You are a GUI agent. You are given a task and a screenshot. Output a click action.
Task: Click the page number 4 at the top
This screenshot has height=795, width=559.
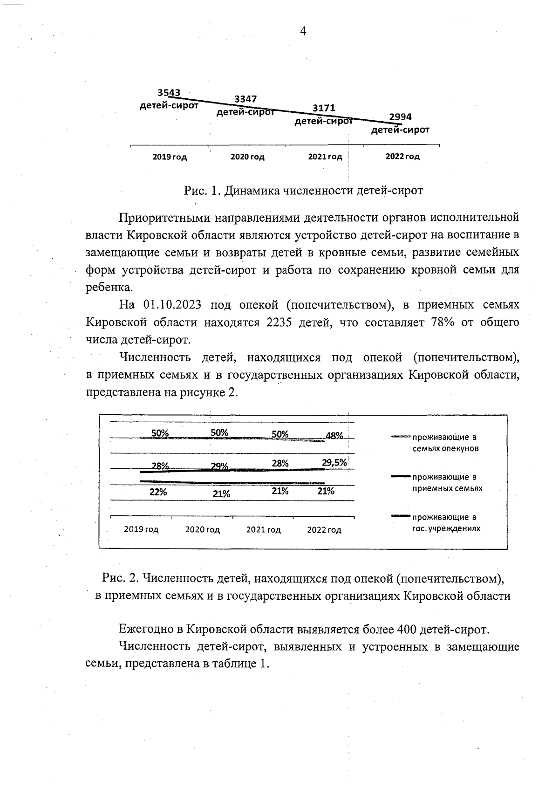click(x=303, y=32)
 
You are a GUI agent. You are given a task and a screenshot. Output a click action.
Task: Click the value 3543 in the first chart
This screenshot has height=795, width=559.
click(x=169, y=93)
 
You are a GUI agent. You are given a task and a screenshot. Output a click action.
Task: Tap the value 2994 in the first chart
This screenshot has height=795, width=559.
click(x=401, y=117)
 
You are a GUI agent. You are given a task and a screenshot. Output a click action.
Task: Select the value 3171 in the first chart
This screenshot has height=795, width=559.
click(x=324, y=109)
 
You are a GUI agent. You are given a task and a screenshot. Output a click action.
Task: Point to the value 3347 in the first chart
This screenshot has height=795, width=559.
click(x=245, y=99)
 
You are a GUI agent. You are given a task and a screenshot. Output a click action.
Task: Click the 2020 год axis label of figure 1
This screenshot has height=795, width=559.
click(x=247, y=157)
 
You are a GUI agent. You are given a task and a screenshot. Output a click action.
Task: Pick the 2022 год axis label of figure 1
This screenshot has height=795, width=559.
click(x=402, y=157)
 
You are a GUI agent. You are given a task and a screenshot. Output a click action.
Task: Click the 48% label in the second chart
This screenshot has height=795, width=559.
click(x=334, y=436)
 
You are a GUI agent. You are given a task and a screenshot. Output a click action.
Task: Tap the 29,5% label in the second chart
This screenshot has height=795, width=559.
click(x=334, y=463)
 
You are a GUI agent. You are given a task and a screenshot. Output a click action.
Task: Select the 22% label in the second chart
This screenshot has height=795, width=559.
click(x=158, y=492)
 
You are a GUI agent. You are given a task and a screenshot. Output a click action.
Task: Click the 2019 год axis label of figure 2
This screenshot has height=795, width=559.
click(x=141, y=530)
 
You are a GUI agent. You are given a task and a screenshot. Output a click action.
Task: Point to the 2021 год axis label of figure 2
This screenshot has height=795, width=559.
click(x=264, y=530)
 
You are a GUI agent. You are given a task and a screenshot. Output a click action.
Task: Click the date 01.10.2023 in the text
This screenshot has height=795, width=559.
click(x=172, y=305)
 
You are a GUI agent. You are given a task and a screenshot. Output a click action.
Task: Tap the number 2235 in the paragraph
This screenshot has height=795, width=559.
click(x=279, y=322)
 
